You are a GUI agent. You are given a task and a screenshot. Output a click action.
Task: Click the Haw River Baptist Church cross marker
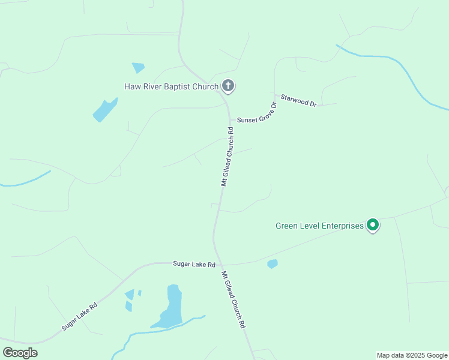[x=228, y=86]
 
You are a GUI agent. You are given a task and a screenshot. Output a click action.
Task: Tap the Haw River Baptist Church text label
[x=171, y=86]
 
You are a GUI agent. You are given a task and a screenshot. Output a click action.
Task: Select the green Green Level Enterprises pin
[x=372, y=226]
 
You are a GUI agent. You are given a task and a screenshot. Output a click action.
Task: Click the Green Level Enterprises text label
[x=319, y=226]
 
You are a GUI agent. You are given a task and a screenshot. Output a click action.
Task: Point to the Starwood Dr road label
[x=298, y=100]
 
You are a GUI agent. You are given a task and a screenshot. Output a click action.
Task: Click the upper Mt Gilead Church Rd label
[x=227, y=156]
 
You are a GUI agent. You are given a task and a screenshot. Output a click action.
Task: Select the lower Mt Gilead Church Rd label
[x=234, y=298]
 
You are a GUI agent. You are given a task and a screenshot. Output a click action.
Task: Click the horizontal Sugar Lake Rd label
[x=194, y=263]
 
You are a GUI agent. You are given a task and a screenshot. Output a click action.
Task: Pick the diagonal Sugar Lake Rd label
[x=79, y=316]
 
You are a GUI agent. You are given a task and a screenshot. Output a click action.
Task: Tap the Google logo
[x=20, y=352]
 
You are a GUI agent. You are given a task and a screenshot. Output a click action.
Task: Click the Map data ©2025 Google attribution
[x=411, y=355]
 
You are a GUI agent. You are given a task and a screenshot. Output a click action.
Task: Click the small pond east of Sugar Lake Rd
[x=273, y=263]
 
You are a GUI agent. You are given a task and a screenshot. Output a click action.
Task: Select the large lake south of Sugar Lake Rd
[x=172, y=307]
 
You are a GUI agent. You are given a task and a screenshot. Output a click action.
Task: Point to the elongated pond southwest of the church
[x=104, y=110]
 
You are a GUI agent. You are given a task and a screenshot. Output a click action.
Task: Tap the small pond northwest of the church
[x=138, y=68]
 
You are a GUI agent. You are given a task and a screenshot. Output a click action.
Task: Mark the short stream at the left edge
[x=27, y=179]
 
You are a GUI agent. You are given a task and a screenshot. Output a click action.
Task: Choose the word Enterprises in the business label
[x=342, y=226]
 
